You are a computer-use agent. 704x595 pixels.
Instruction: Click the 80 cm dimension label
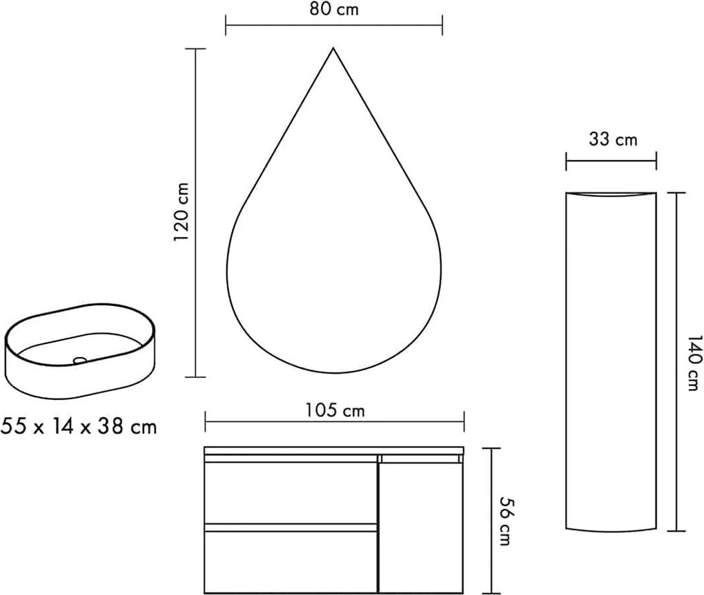[x=333, y=10]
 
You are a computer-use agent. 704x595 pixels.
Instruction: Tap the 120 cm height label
[x=182, y=212]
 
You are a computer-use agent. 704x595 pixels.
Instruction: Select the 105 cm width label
[x=335, y=410]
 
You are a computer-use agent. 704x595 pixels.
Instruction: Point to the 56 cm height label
[x=506, y=521]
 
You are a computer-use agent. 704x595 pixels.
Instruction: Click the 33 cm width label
[x=613, y=139]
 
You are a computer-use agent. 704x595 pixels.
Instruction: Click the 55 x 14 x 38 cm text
[x=79, y=426]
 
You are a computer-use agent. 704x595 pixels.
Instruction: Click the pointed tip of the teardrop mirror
[x=333, y=48]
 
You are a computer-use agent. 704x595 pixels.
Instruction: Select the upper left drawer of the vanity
[x=291, y=492]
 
